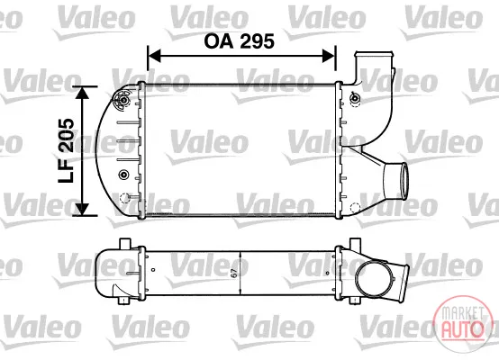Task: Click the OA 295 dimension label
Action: pos(239,41)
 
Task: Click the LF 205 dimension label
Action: pos(66,150)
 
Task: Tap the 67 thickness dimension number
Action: pos(234,273)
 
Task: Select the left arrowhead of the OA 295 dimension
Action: pos(155,56)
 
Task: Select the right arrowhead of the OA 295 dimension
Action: pos(329,56)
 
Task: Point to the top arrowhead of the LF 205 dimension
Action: pos(83,93)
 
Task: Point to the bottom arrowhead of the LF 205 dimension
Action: pos(83,209)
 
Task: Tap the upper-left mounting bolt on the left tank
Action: pos(122,100)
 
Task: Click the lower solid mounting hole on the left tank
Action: pos(123,175)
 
